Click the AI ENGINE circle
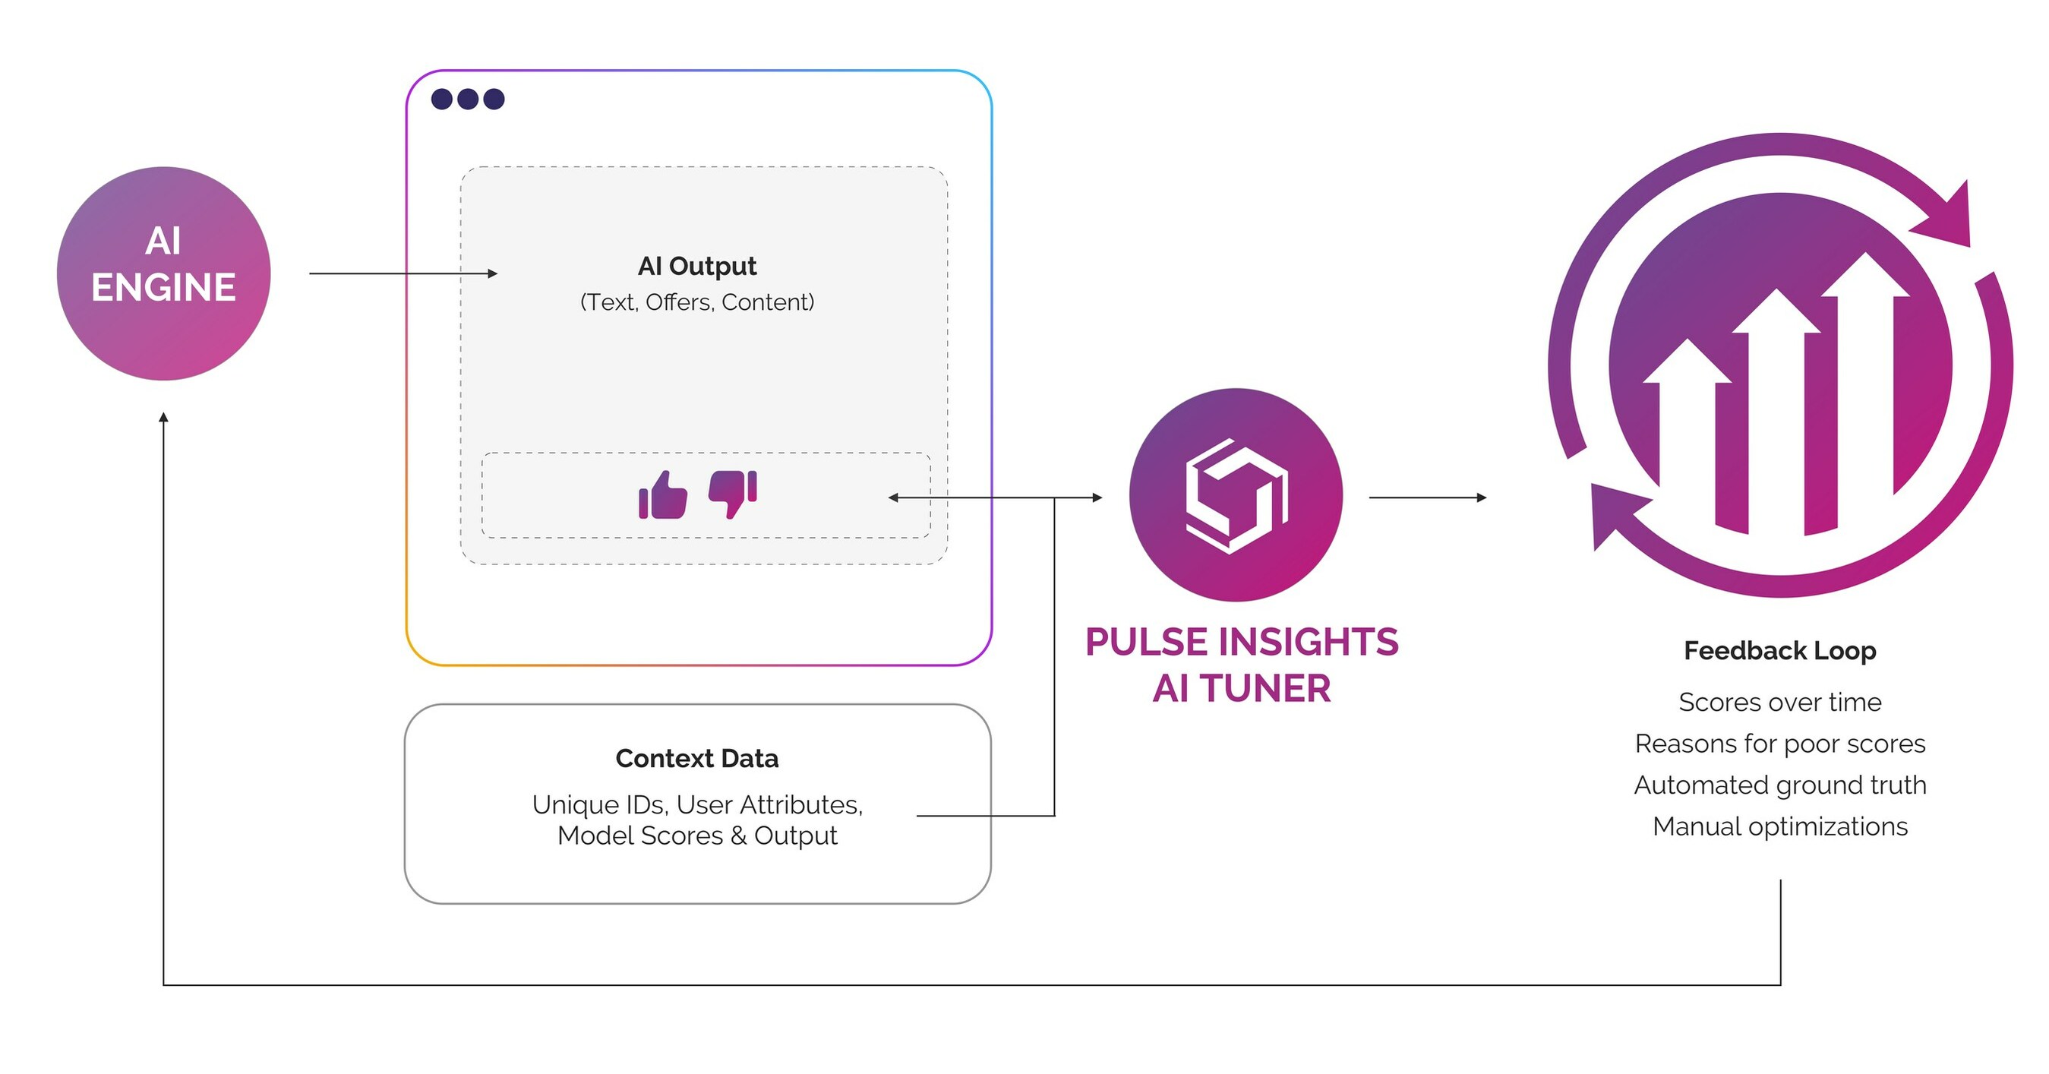[x=164, y=273]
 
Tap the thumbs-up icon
[x=662, y=496]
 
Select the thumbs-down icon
[x=732, y=493]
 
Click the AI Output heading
[x=696, y=266]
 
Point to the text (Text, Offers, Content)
[x=696, y=302]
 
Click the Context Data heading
[x=696, y=758]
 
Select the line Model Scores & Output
[x=696, y=836]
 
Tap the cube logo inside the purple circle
[x=1236, y=496]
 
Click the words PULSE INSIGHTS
[x=1241, y=642]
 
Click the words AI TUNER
[x=1241, y=688]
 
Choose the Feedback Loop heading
[x=1779, y=651]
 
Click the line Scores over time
[x=1779, y=702]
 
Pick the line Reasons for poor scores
[x=1779, y=743]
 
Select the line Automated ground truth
[x=1779, y=785]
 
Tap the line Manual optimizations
[x=1779, y=826]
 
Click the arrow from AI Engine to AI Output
[x=402, y=273]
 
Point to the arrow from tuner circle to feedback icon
[x=1427, y=498]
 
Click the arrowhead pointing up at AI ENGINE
[x=163, y=417]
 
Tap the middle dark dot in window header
[x=468, y=99]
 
